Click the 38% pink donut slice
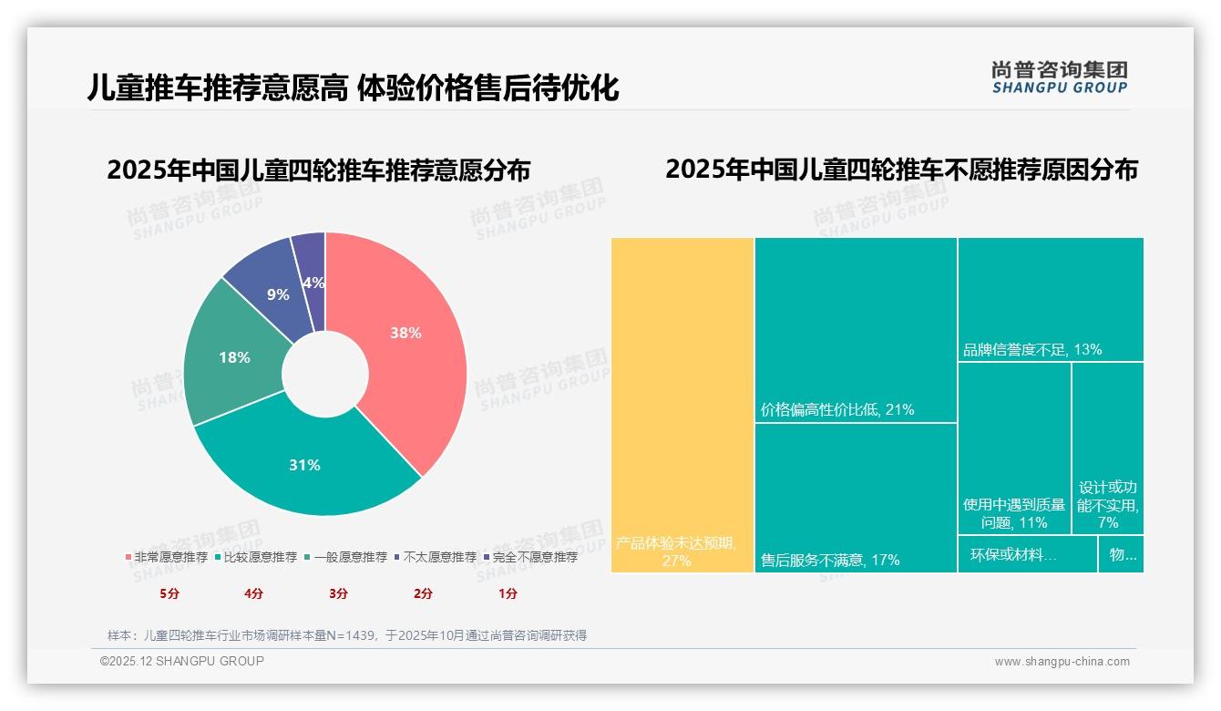(x=405, y=333)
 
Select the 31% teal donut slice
(x=305, y=465)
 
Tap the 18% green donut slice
(x=234, y=357)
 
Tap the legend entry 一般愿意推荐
(x=350, y=557)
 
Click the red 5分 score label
(x=169, y=593)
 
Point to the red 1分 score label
(x=508, y=593)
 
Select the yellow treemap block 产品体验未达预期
(x=682, y=406)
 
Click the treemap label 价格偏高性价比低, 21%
(x=837, y=410)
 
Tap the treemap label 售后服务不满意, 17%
(x=830, y=560)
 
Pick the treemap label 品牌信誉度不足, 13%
(x=1032, y=349)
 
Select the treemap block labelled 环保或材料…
(x=1027, y=554)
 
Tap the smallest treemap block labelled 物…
(x=1121, y=554)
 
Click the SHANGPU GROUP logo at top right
(x=1059, y=77)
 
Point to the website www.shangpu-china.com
(x=1062, y=662)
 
